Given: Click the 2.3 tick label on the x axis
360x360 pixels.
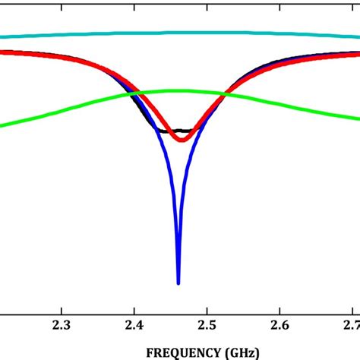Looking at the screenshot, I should (62, 325).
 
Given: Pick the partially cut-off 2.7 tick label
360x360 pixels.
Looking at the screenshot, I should (350, 325).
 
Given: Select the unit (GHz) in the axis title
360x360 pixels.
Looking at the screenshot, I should (245, 352).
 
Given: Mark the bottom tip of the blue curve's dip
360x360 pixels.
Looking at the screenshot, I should (178, 283).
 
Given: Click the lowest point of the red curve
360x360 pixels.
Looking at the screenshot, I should (181, 139).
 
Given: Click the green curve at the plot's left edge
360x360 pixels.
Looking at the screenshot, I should (2, 125).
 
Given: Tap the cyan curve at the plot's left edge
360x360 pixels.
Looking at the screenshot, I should (2, 36).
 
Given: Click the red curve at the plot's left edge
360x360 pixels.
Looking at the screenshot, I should (2, 52).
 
